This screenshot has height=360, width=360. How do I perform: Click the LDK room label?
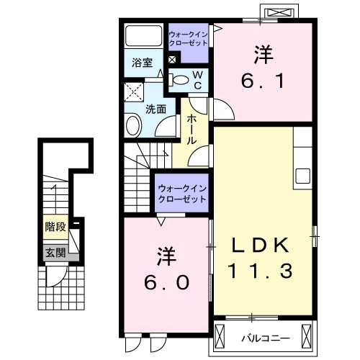[x=261, y=245]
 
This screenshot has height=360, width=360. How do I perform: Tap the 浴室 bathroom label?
[x=142, y=62]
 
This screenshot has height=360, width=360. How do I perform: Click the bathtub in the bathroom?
[x=143, y=36]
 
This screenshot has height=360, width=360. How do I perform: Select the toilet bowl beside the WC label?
[x=181, y=81]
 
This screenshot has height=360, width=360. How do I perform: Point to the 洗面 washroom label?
[x=156, y=109]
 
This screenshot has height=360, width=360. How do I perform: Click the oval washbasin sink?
[x=134, y=127]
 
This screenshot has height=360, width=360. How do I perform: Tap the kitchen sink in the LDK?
[x=302, y=176]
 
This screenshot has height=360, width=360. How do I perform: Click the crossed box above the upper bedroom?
[x=279, y=13]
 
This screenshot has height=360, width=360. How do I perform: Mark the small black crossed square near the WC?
[x=172, y=60]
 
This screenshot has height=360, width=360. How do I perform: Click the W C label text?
[x=197, y=80]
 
